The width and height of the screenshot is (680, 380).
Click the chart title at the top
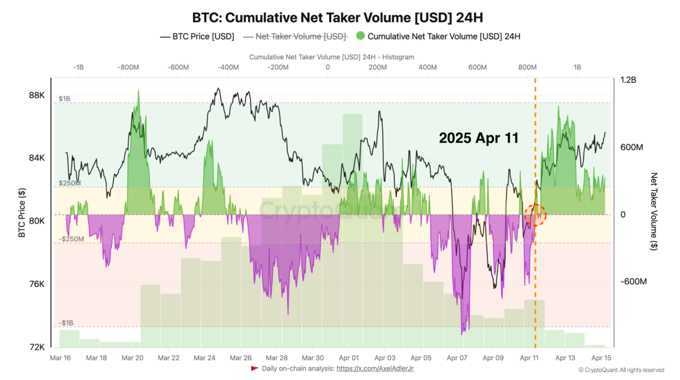tap(337, 17)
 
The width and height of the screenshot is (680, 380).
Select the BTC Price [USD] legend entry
tap(197, 37)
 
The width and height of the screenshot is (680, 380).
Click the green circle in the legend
tap(361, 37)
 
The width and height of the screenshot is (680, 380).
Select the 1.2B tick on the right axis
tap(629, 80)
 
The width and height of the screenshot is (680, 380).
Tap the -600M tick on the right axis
tap(632, 282)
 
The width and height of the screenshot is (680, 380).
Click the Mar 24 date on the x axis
tap(205, 358)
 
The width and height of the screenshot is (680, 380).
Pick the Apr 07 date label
tap(457, 358)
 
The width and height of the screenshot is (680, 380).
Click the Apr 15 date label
tap(601, 358)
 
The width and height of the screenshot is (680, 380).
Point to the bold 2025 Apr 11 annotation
tap(478, 138)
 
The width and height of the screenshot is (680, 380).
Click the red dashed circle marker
tap(535, 215)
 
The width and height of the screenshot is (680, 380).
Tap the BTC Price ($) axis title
tap(22, 213)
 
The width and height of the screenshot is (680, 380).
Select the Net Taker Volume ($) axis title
tap(654, 212)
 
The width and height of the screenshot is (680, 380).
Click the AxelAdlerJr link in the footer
tap(375, 369)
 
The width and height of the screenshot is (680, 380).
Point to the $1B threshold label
tap(64, 99)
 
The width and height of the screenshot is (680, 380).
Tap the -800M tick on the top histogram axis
tap(128, 67)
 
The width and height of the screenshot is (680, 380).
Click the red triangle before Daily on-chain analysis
tap(255, 368)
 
